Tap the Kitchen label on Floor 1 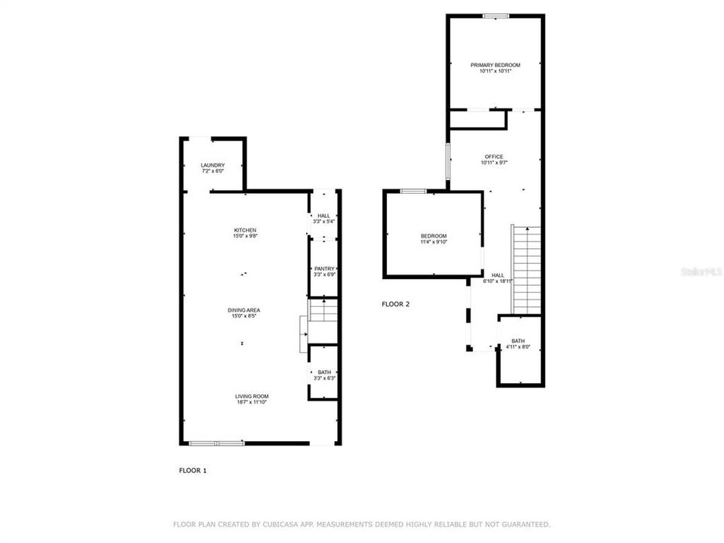(x=245, y=230)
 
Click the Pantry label (x=324, y=268)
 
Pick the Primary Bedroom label (x=495, y=66)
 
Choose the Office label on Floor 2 (x=494, y=157)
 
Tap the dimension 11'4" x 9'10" (x=434, y=242)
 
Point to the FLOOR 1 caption (x=192, y=471)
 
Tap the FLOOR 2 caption (x=395, y=305)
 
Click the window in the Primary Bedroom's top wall (x=495, y=16)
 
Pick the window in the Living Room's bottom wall (x=216, y=443)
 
